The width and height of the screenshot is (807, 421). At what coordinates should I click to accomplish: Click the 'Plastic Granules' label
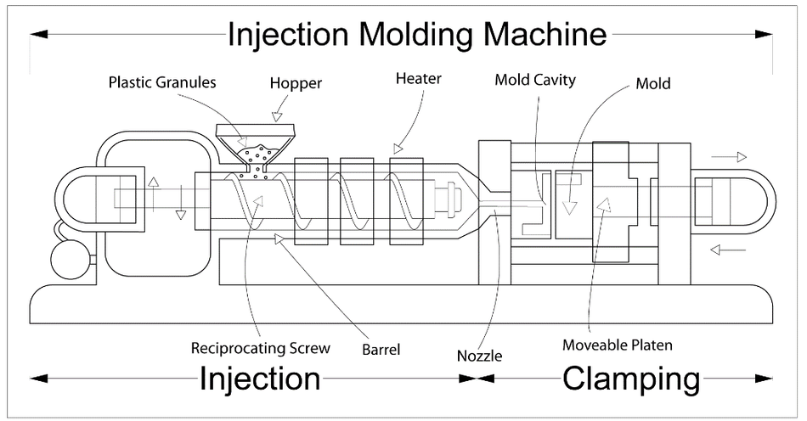tap(162, 82)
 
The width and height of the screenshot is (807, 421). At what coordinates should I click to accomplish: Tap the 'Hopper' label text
tap(296, 83)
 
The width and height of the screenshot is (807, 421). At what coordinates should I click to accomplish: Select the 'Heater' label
tap(419, 79)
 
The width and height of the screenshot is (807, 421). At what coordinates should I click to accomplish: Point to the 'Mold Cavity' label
tap(535, 80)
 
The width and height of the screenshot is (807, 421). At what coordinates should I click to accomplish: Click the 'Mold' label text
tap(653, 83)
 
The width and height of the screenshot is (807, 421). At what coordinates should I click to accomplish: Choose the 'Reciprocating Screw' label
tap(261, 348)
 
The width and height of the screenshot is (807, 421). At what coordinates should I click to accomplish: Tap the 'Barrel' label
tap(381, 350)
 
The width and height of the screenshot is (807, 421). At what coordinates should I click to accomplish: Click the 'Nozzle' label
tap(479, 356)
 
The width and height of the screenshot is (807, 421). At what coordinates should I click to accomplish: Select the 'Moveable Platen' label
tap(617, 345)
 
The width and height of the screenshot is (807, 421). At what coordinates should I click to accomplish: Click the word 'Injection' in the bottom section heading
tap(260, 379)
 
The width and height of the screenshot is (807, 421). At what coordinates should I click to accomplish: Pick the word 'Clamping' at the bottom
tap(631, 379)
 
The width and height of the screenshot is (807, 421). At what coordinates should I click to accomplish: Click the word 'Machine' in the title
tap(545, 34)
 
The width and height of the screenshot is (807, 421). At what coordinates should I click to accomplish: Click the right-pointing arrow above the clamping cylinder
tap(728, 157)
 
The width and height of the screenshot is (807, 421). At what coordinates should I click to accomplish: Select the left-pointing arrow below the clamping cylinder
tap(728, 250)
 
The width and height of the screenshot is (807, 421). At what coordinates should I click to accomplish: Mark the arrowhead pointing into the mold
tap(569, 207)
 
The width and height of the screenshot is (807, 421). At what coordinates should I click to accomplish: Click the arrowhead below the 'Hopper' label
tap(278, 116)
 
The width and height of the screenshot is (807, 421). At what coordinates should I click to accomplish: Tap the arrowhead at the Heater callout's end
tap(398, 149)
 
